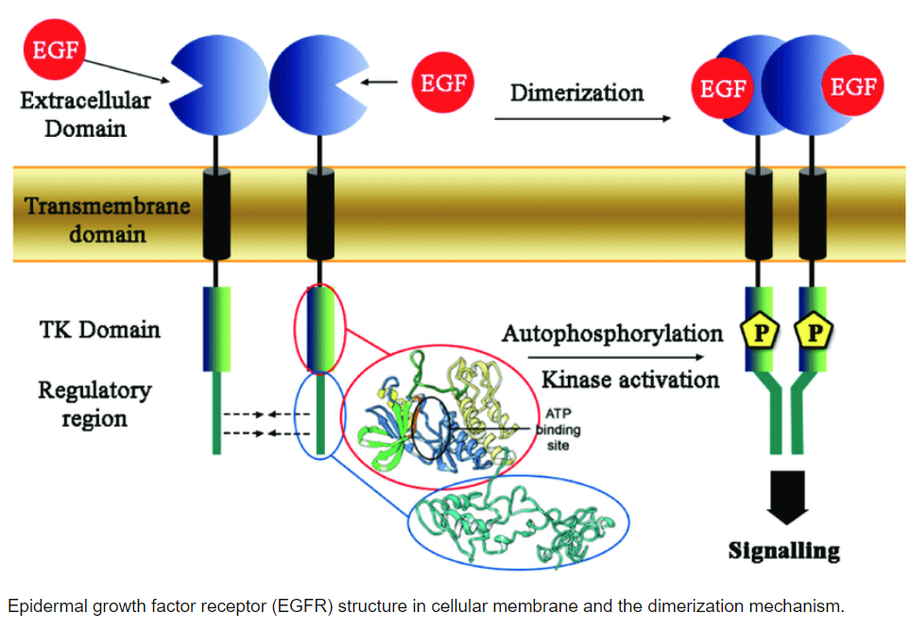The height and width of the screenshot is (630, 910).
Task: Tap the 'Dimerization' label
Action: tap(577, 94)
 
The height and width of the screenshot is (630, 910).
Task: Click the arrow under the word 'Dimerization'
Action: tap(582, 119)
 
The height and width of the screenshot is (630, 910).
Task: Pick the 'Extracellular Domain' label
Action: tap(85, 112)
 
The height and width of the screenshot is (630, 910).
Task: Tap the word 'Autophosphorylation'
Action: tap(612, 333)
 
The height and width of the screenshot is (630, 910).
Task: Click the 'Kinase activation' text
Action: tap(629, 380)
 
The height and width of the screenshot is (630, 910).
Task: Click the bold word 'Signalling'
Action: tap(783, 550)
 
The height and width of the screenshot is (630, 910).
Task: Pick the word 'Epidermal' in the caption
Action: tap(44, 605)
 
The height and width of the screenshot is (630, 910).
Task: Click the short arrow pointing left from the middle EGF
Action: tap(381, 83)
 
